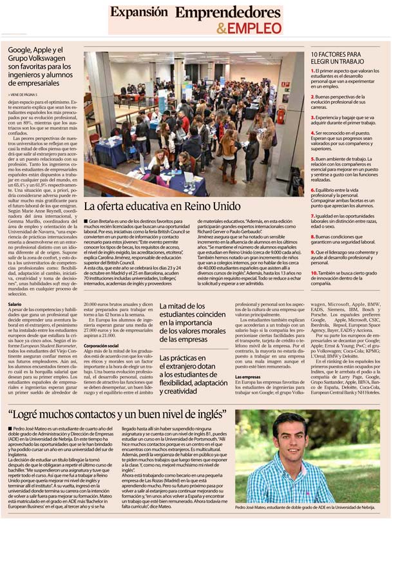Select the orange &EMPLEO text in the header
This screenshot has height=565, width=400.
(249, 28)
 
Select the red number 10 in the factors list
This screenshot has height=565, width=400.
(314, 273)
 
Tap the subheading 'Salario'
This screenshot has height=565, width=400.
(15, 303)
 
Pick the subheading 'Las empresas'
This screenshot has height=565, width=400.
(248, 377)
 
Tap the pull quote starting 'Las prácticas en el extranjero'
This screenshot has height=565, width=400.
(193, 373)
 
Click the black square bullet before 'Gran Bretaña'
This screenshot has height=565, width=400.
(86, 222)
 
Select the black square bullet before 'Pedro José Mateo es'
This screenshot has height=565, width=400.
(12, 428)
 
